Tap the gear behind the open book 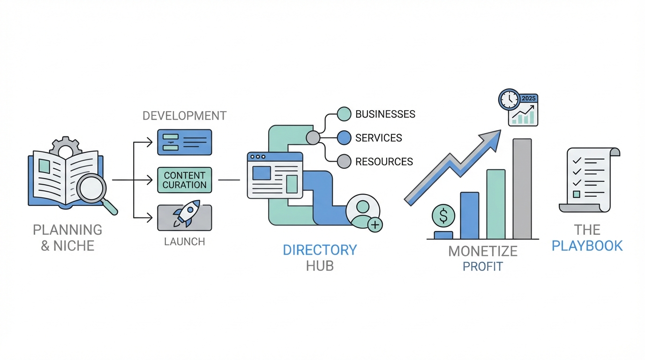pos(65,147)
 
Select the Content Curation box pos(185,180)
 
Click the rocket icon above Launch pos(186,214)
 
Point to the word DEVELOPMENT pos(185,116)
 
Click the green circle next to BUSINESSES pos(344,114)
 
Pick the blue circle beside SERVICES pos(344,138)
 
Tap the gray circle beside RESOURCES pos(344,162)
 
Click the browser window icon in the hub pos(275,175)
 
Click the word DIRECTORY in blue pos(320,250)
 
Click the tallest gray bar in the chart pos(522,189)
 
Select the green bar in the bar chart pos(496,204)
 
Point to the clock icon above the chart pos(509,99)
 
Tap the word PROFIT pos(482,267)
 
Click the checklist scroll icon pos(589,180)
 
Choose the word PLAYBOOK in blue pos(587,246)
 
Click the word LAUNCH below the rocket pos(184,242)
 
